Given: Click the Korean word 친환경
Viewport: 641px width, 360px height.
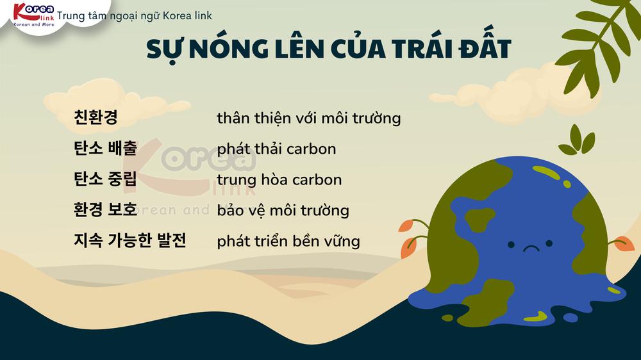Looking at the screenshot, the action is [x=96, y=117].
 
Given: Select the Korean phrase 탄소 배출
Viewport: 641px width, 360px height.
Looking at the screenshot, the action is [x=105, y=148].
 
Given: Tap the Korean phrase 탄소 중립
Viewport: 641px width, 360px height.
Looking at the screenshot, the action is [x=105, y=179].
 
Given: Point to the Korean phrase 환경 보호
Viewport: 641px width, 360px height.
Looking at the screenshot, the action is [x=105, y=209].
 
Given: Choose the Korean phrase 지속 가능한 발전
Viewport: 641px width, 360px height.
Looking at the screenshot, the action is [x=129, y=240].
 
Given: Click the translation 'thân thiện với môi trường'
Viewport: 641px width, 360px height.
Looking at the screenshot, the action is [x=309, y=118].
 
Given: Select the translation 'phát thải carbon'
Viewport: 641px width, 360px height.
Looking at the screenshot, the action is [x=276, y=149].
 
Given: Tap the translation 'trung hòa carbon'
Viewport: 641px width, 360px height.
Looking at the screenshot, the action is [x=279, y=179].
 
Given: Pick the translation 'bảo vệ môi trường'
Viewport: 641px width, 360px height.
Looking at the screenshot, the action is [x=283, y=211].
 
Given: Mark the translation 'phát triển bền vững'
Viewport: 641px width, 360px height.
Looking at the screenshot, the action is [x=288, y=241].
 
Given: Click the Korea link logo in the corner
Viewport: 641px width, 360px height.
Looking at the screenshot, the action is [x=33, y=15].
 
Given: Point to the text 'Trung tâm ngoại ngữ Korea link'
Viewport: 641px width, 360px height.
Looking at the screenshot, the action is [x=135, y=15].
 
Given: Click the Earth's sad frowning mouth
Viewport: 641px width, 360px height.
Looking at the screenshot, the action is [x=531, y=248].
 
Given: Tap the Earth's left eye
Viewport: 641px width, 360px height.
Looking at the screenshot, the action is [x=511, y=244].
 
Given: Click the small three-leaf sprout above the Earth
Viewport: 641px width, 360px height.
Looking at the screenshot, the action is [x=578, y=140].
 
